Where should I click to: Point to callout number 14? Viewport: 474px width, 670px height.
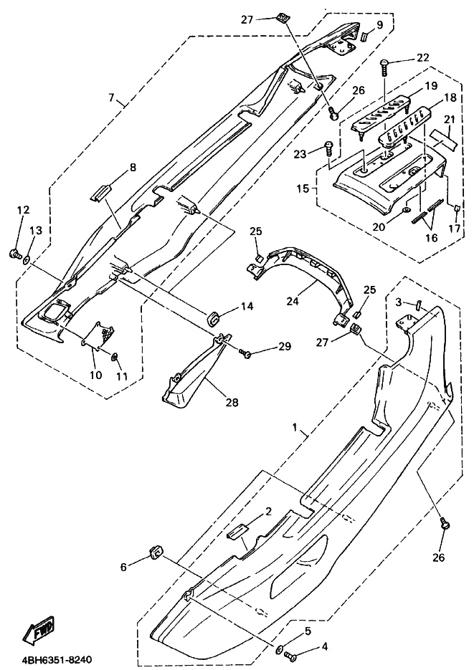[247, 307]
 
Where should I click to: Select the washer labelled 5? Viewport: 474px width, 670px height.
[280, 650]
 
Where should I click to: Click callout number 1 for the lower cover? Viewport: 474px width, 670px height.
[294, 427]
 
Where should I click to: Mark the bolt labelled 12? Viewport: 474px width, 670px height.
[14, 254]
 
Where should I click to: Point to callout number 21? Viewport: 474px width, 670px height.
[449, 120]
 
